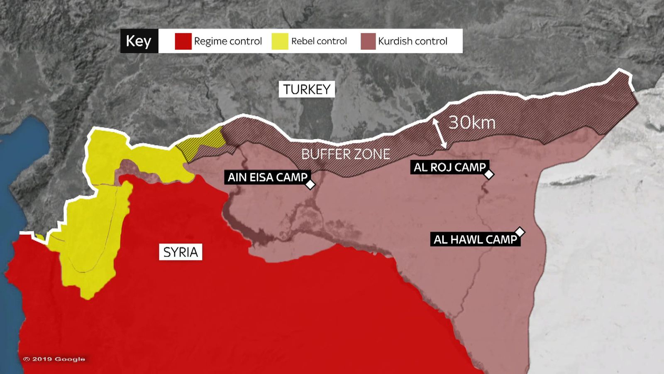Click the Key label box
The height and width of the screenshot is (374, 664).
[139, 41]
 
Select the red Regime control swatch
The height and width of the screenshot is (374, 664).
[183, 41]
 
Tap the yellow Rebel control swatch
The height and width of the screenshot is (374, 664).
[280, 41]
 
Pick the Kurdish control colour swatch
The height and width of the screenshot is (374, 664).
[368, 41]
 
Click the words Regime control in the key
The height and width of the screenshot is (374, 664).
[228, 41]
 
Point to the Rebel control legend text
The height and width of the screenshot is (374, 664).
[319, 41]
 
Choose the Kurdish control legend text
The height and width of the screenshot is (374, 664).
[413, 41]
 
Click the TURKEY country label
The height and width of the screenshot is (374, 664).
[307, 89]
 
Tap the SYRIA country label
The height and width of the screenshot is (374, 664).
[181, 252]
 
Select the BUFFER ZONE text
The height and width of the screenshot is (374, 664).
[345, 154]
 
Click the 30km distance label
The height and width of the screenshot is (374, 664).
[472, 123]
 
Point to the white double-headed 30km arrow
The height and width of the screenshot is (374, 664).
[440, 133]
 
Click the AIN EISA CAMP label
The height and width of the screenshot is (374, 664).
[267, 177]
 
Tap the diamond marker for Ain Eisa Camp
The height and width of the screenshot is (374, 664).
[310, 185]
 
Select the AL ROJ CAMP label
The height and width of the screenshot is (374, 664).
[449, 167]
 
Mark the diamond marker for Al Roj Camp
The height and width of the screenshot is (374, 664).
[489, 174]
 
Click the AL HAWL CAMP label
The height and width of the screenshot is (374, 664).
[475, 239]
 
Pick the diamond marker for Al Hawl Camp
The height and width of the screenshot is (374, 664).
[520, 232]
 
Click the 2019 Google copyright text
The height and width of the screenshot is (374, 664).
[54, 359]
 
